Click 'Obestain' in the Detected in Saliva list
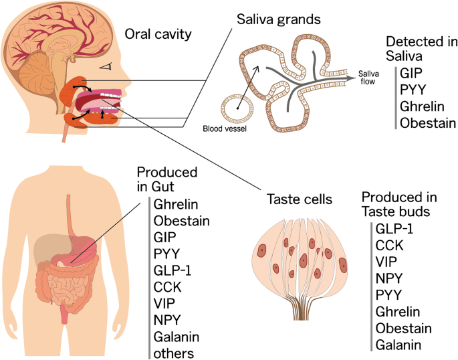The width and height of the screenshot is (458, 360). (428, 122)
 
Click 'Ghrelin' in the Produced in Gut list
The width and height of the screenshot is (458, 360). (175, 204)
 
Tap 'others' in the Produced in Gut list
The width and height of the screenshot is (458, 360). (173, 353)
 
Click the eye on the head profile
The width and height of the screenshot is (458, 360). (105, 67)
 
